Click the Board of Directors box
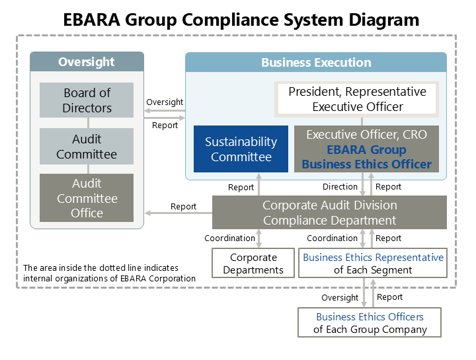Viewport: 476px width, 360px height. point(87,100)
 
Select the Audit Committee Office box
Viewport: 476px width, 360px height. point(87,198)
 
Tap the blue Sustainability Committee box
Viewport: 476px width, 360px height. point(241,149)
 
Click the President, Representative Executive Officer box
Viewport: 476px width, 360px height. point(357,99)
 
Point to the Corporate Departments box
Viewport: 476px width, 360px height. point(253,263)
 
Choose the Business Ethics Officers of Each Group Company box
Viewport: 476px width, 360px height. point(370,322)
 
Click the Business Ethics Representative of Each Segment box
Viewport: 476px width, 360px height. point(373,263)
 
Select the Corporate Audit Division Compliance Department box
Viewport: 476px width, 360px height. point(329,213)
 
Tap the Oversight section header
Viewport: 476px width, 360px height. point(87,62)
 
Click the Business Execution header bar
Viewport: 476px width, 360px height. point(316,63)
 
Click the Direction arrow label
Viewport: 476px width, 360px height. point(340,187)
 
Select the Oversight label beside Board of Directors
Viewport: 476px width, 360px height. point(165,102)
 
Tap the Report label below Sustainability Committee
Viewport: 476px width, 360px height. point(241,188)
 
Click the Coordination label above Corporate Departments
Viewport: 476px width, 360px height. point(229,238)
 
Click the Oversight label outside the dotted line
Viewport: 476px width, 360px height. point(340,297)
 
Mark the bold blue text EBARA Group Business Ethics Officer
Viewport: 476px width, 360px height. point(366,157)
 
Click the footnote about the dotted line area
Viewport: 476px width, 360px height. point(109,273)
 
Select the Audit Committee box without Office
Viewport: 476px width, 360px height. point(87,147)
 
